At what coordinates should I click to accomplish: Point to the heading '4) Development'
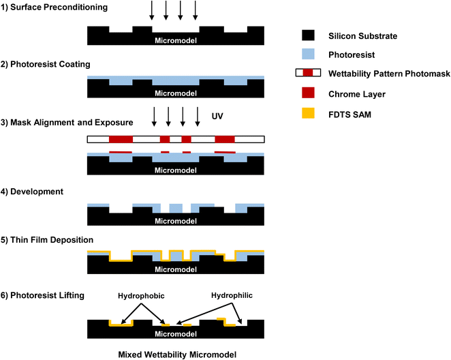[33, 192]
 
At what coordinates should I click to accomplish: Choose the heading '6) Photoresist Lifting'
[42, 295]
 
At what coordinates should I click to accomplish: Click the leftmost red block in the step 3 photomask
[121, 139]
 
